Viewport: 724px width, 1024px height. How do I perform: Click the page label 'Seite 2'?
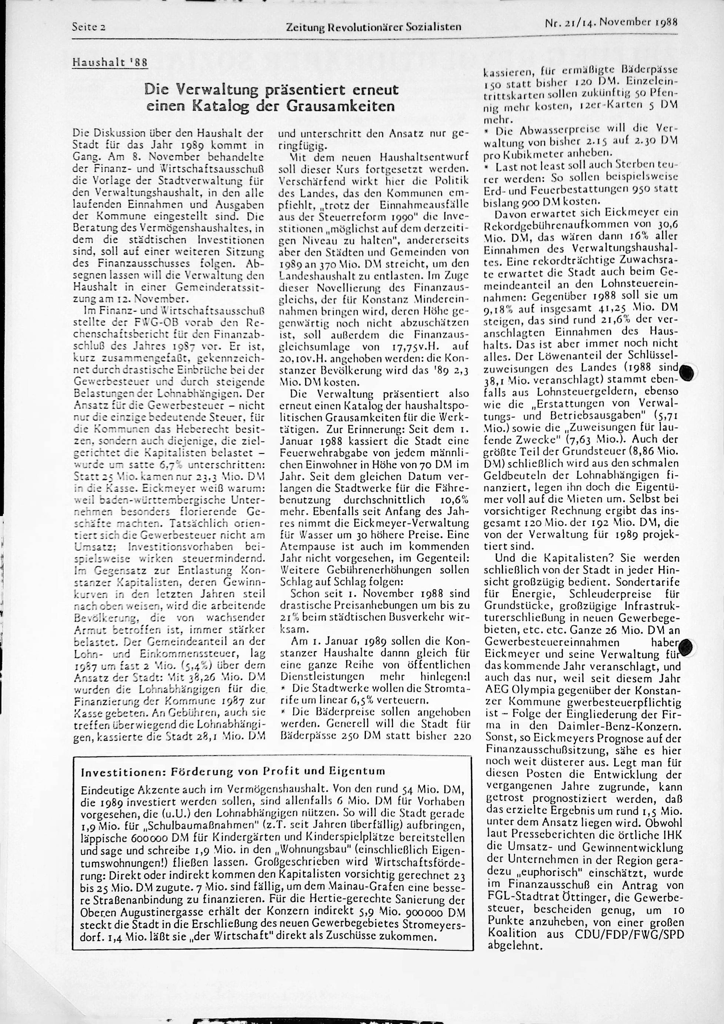pos(89,27)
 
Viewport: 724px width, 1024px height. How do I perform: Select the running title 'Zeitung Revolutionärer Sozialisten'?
pos(373,27)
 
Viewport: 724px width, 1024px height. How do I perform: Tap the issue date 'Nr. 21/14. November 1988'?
pos(611,22)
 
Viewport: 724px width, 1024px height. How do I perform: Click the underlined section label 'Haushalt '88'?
pos(110,63)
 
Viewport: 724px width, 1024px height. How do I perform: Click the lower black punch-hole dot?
pos(687,645)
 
